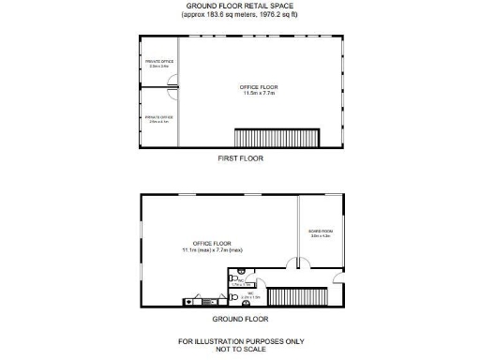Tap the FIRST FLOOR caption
[x=241, y=159]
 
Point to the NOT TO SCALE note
[x=241, y=349]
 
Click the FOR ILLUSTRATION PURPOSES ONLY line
[x=241, y=340]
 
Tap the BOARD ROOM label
[x=321, y=231]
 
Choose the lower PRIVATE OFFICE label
[x=158, y=117]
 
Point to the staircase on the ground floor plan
[x=298, y=297]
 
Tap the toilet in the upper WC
[x=232, y=278]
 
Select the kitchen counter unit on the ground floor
[x=201, y=302]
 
